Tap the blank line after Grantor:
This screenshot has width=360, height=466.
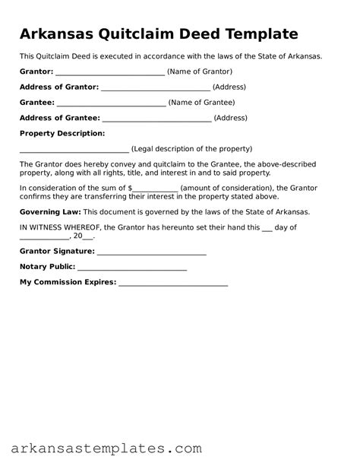click(x=110, y=71)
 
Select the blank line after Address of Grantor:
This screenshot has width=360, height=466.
click(x=156, y=87)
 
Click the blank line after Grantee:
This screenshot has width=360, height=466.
click(x=111, y=103)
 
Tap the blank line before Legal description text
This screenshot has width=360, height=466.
click(x=74, y=149)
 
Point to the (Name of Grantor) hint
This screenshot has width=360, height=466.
click(x=200, y=71)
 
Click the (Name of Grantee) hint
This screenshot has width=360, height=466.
click(x=201, y=103)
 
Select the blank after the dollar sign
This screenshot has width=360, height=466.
click(x=156, y=188)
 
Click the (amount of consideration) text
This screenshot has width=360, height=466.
click(x=222, y=188)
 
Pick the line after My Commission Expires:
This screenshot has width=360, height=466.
click(x=173, y=283)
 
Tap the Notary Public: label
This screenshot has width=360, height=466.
click(x=47, y=267)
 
